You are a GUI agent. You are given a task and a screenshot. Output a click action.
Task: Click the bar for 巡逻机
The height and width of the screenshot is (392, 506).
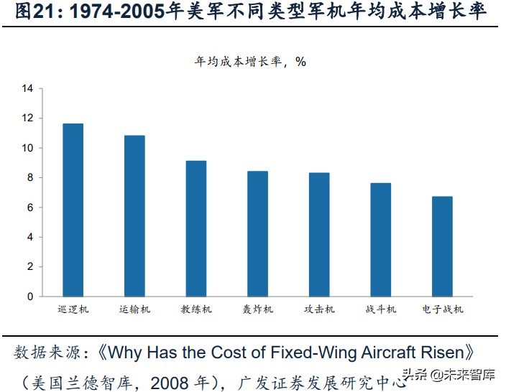pos(73,210)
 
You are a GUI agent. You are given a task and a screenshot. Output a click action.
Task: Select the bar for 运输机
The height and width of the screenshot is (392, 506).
pos(134,215)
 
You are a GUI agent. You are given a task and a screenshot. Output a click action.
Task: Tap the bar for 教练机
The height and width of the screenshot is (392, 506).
pos(196,228)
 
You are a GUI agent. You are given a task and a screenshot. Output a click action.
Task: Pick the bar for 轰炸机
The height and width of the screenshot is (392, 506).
pos(257,233)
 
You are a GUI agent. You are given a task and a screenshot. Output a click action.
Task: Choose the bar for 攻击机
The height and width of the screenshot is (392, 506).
pos(319,234)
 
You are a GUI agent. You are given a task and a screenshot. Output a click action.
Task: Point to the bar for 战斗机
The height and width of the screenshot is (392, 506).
pos(381,239)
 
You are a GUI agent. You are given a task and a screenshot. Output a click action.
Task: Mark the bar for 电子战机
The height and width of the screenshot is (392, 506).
pos(442,246)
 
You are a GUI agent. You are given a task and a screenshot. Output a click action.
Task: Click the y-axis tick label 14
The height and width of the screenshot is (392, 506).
pos(28,88)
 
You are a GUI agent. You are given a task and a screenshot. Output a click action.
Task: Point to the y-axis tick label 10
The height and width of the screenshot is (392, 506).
pos(28,148)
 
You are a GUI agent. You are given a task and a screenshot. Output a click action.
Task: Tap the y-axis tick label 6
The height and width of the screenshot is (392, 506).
pos(30,207)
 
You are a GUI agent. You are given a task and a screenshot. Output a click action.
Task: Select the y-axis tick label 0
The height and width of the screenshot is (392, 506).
pos(30,297)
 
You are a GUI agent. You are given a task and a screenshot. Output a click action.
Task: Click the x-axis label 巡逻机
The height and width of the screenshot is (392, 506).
pos(73,309)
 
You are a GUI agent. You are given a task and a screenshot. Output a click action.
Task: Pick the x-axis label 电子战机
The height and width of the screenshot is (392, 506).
pos(443,309)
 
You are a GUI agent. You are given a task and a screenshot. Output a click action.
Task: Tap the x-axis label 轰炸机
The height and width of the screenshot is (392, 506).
pos(257,309)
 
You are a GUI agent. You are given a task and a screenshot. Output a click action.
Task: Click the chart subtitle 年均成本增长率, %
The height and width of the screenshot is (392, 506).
pos(251,62)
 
